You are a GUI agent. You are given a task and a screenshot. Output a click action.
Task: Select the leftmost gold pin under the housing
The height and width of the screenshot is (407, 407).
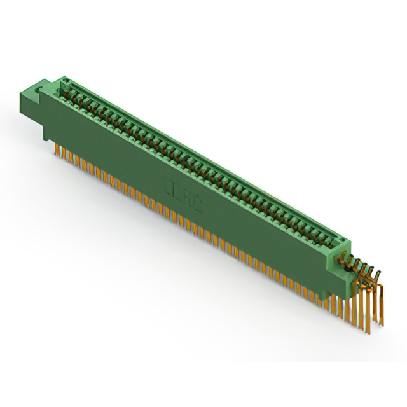click(x=57, y=149)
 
